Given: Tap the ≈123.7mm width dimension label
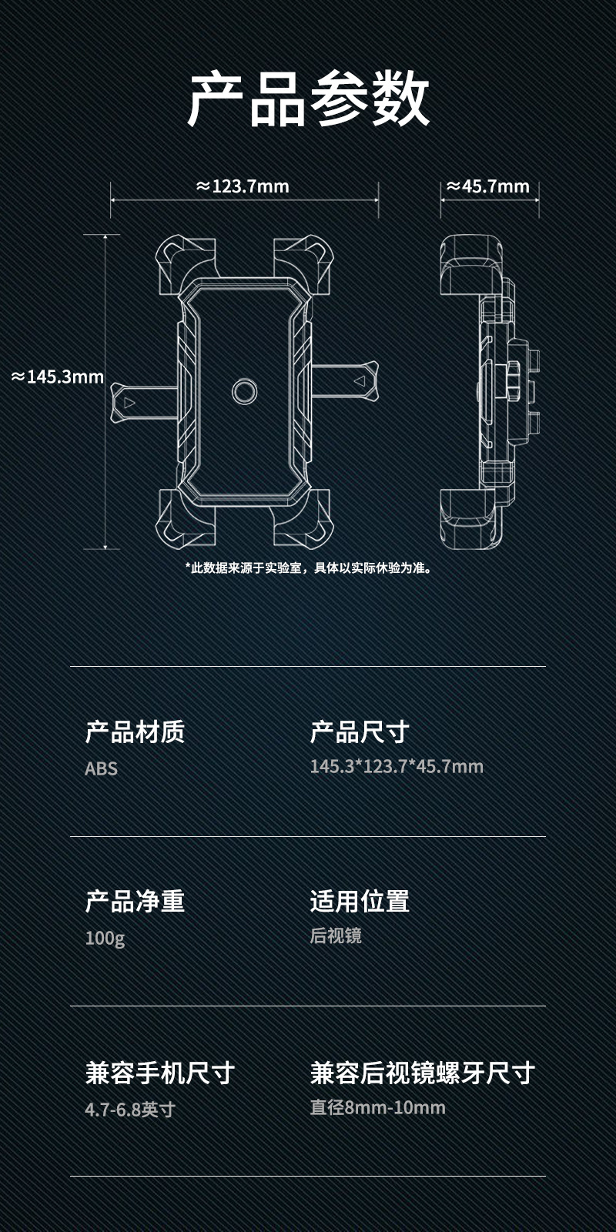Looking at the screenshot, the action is (243, 186).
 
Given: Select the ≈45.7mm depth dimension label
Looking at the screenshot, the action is (489, 186).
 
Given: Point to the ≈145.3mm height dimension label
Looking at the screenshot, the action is (58, 377).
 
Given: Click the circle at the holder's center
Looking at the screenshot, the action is (246, 391).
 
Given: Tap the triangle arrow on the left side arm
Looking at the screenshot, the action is (129, 402).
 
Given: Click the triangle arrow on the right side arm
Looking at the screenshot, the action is (359, 380).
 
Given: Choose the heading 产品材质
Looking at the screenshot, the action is (135, 731).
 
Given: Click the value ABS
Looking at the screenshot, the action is (101, 768).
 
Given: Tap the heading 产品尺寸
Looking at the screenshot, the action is (360, 731).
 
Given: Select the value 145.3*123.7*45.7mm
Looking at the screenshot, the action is (397, 767).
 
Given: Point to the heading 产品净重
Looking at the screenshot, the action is (135, 901).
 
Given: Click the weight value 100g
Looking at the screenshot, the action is (105, 938).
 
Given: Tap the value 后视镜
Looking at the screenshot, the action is (336, 936).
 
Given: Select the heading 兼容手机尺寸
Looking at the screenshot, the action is (160, 1073).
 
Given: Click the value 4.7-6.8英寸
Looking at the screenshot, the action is (130, 1110).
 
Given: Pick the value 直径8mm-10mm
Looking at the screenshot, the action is (378, 1107).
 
